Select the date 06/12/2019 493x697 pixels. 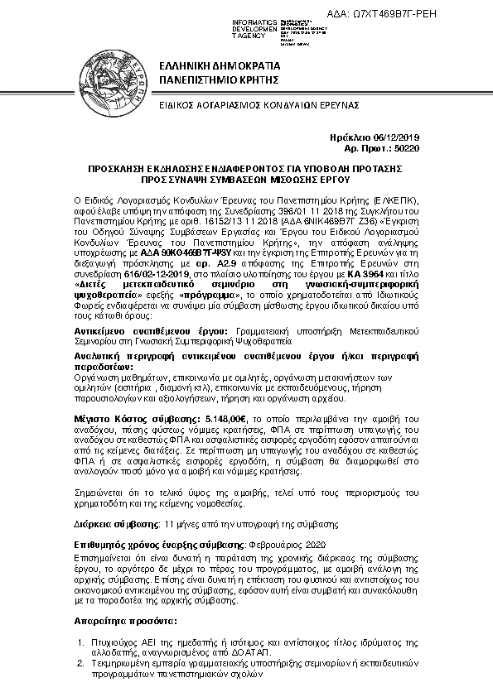(x=398, y=137)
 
